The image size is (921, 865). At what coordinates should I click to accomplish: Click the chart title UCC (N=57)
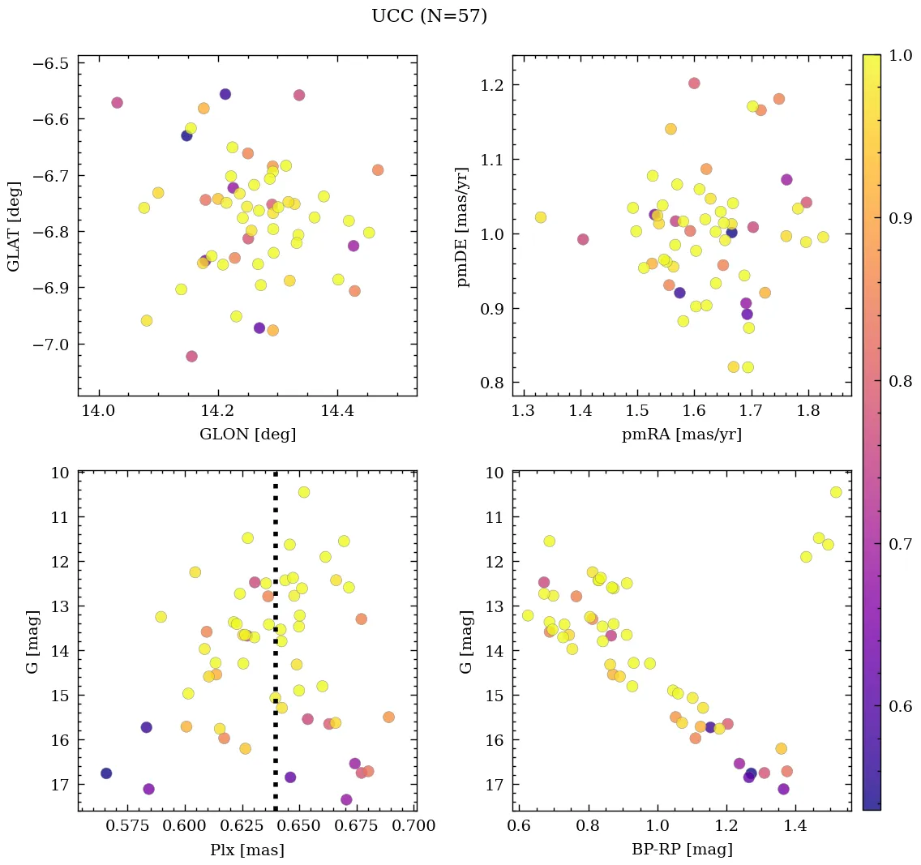(x=429, y=16)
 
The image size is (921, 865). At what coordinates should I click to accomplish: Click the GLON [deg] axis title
(x=247, y=435)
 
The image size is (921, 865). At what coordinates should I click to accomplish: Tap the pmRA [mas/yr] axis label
(x=681, y=435)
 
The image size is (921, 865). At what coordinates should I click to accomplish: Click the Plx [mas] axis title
(x=247, y=850)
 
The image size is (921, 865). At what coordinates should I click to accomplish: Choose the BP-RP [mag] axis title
(x=681, y=850)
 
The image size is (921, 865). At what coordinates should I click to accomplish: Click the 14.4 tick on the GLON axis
(x=336, y=413)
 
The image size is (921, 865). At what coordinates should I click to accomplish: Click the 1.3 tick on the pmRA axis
(x=523, y=413)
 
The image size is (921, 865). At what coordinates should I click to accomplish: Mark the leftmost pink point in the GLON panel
(x=117, y=103)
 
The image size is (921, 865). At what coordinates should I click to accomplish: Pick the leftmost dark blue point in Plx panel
(x=106, y=773)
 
